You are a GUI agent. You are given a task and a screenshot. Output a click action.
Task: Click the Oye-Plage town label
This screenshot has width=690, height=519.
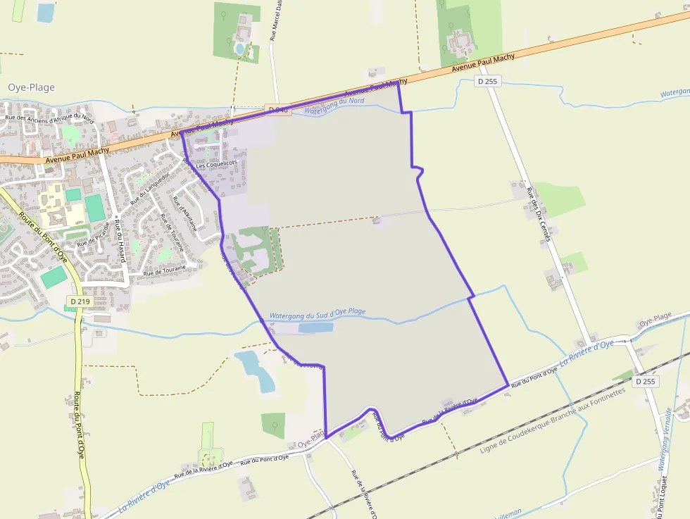pyautogui.click(x=31, y=87)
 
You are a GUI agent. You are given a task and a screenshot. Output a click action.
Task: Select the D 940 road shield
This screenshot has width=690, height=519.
pyautogui.click(x=278, y=109)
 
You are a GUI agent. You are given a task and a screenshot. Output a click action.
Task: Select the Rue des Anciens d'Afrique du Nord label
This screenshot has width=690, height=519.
pyautogui.click(x=49, y=118)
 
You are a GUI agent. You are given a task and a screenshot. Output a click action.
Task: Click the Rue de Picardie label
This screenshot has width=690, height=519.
pyautogui.click(x=94, y=235)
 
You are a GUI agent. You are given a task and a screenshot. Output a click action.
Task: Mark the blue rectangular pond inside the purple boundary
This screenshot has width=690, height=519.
pyautogui.click(x=315, y=327)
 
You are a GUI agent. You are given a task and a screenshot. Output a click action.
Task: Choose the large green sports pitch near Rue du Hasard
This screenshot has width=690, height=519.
pyautogui.click(x=95, y=208)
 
